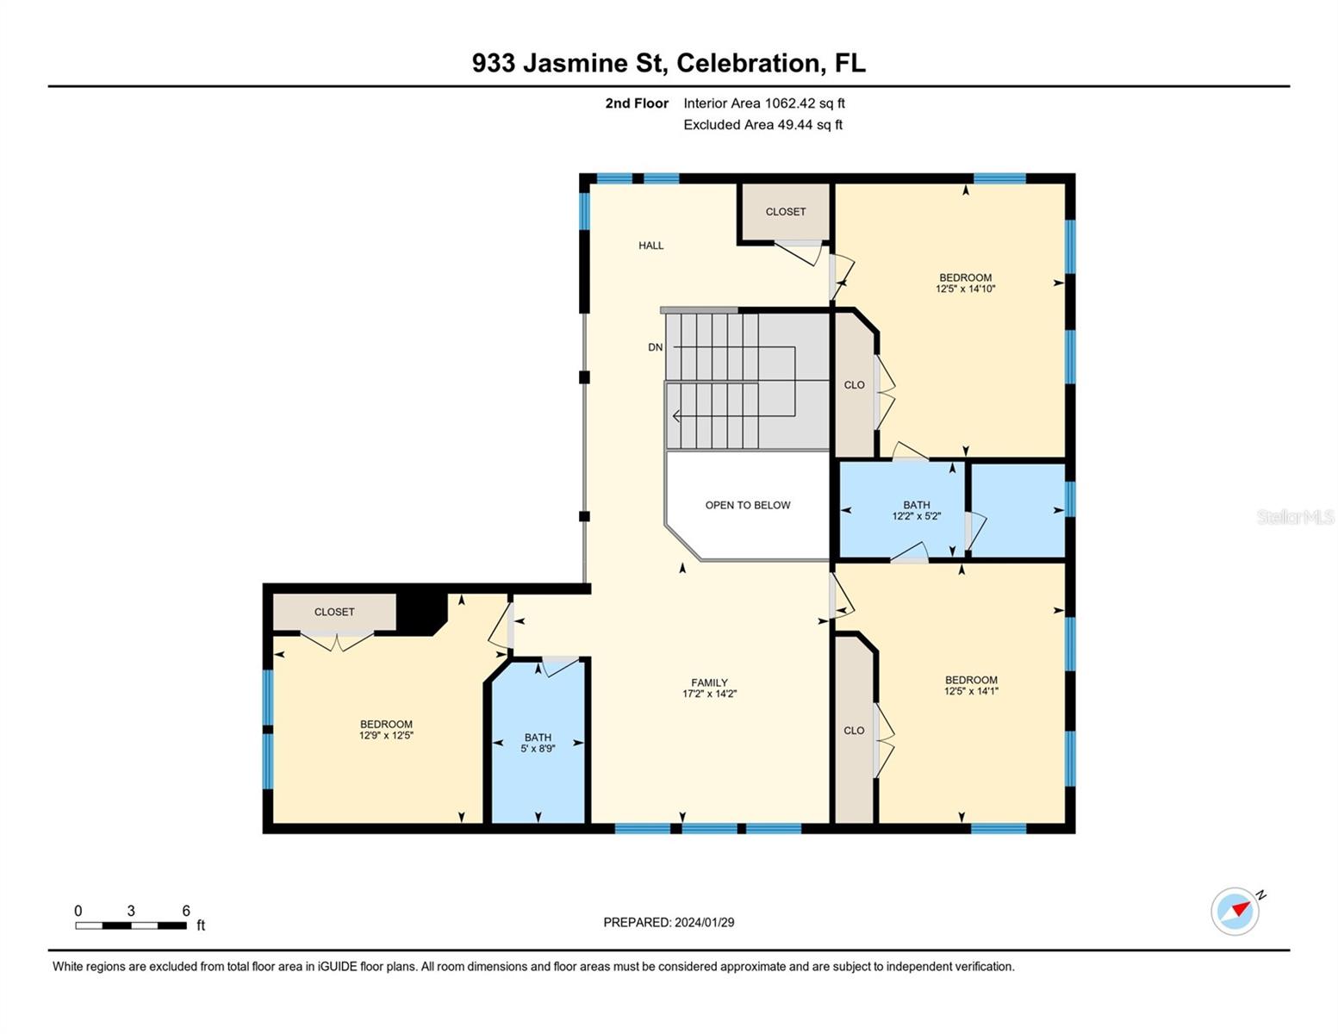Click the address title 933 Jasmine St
click(x=669, y=63)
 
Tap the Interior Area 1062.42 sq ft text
click(x=763, y=103)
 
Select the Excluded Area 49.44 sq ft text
click(x=762, y=125)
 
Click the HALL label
click(x=650, y=246)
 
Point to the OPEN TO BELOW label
click(x=747, y=505)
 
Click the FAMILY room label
click(x=709, y=682)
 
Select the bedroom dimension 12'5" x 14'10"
click(x=965, y=290)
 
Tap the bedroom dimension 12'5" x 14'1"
click(x=970, y=691)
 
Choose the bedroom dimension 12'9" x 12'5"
click(x=386, y=736)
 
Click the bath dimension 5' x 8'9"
click(x=538, y=749)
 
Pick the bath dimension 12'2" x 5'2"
click(x=916, y=516)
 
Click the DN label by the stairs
click(x=655, y=347)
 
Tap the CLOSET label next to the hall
click(x=785, y=212)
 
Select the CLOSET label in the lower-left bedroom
click(x=334, y=612)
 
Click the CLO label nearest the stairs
click(x=854, y=385)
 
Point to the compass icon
click(x=1235, y=911)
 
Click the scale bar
click(x=131, y=925)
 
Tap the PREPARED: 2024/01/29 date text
click(x=669, y=922)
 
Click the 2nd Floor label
click(x=637, y=103)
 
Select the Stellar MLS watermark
click(x=1294, y=517)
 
